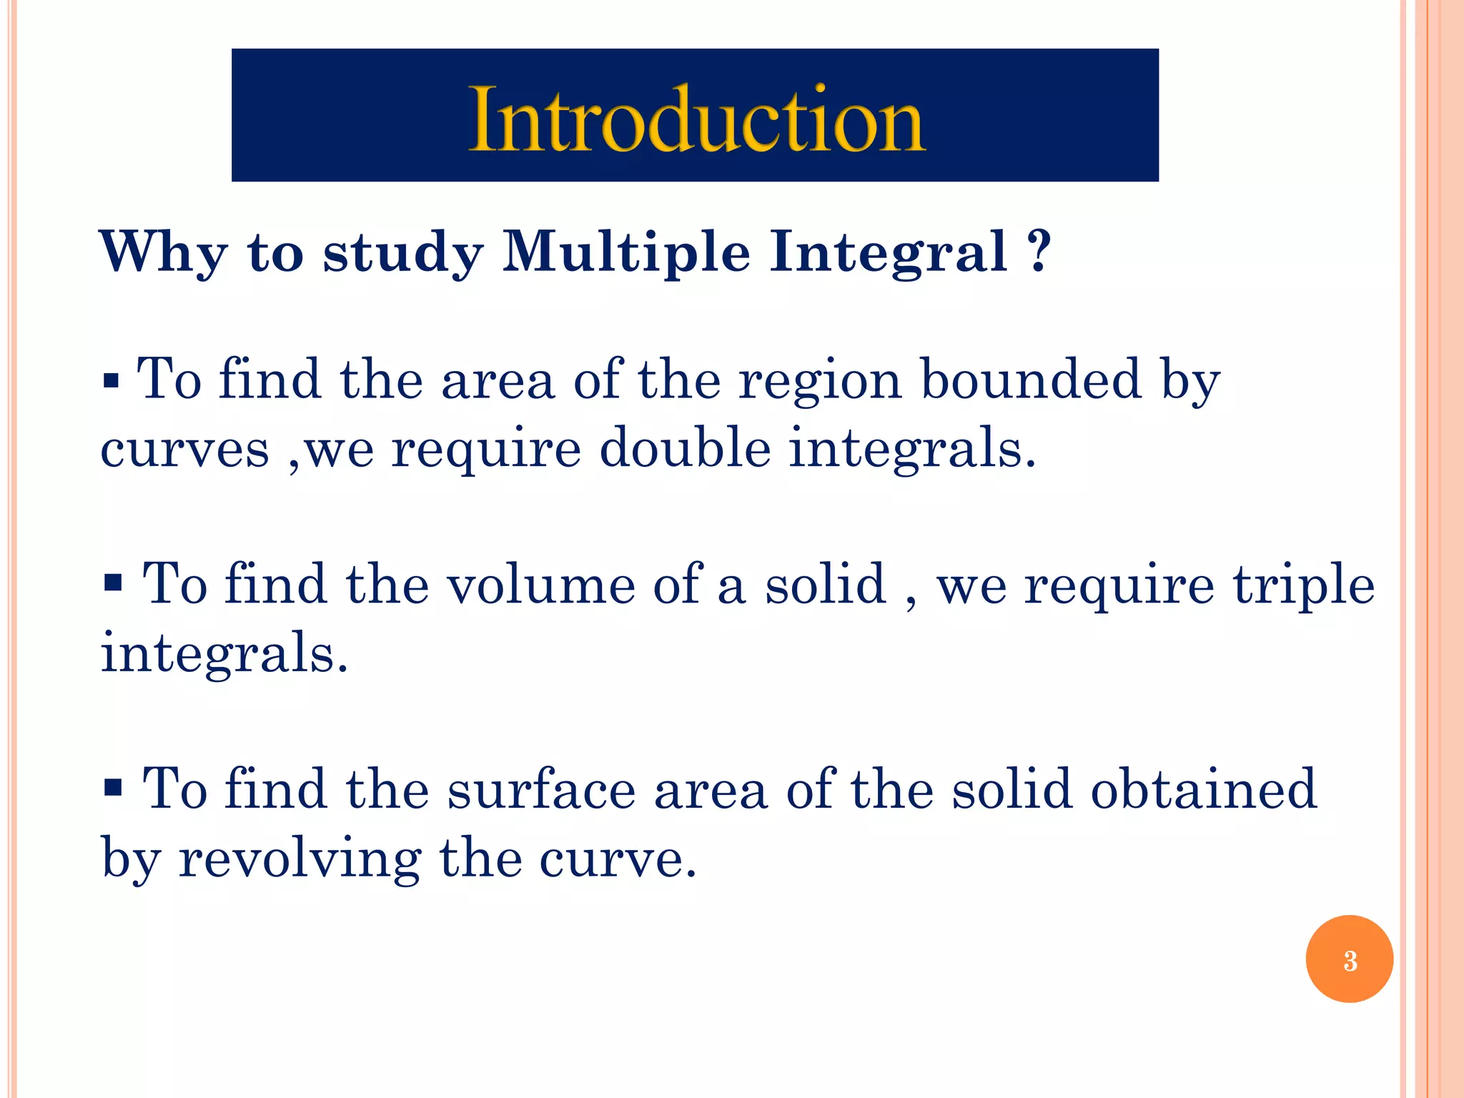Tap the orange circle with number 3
click(1349, 959)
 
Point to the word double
click(685, 448)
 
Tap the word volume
click(541, 585)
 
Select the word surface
click(541, 789)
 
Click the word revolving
click(300, 858)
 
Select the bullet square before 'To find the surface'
click(112, 788)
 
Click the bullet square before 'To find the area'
click(111, 380)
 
